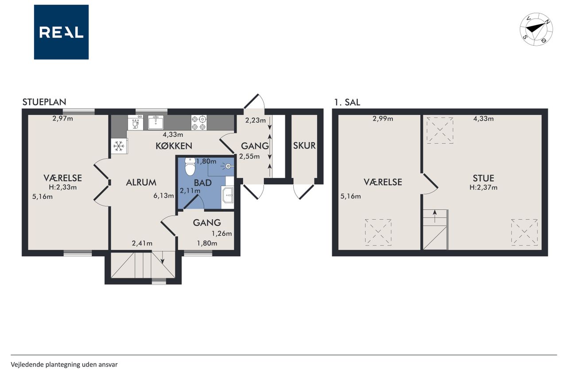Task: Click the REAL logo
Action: pos(61,32)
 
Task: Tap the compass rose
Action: pos(536,29)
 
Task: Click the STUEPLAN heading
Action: pos(44,102)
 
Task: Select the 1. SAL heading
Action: pos(347,102)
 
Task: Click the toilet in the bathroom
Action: pos(190,166)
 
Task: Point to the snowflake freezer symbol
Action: pos(119,146)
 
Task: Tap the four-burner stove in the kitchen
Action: pos(199,123)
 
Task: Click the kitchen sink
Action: pos(155,122)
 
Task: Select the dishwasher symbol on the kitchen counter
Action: pos(136,123)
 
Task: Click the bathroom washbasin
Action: pos(228,195)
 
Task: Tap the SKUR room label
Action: pos(304,146)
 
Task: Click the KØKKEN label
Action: pos(174,146)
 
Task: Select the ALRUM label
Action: pos(141,183)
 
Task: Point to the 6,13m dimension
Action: pos(163,196)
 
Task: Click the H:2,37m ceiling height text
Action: pos(483,187)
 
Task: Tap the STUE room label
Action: pos(483,178)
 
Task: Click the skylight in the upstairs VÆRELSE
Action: pos(378,232)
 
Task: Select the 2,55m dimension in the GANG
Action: pos(249,156)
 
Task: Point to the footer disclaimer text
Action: pos(64,365)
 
